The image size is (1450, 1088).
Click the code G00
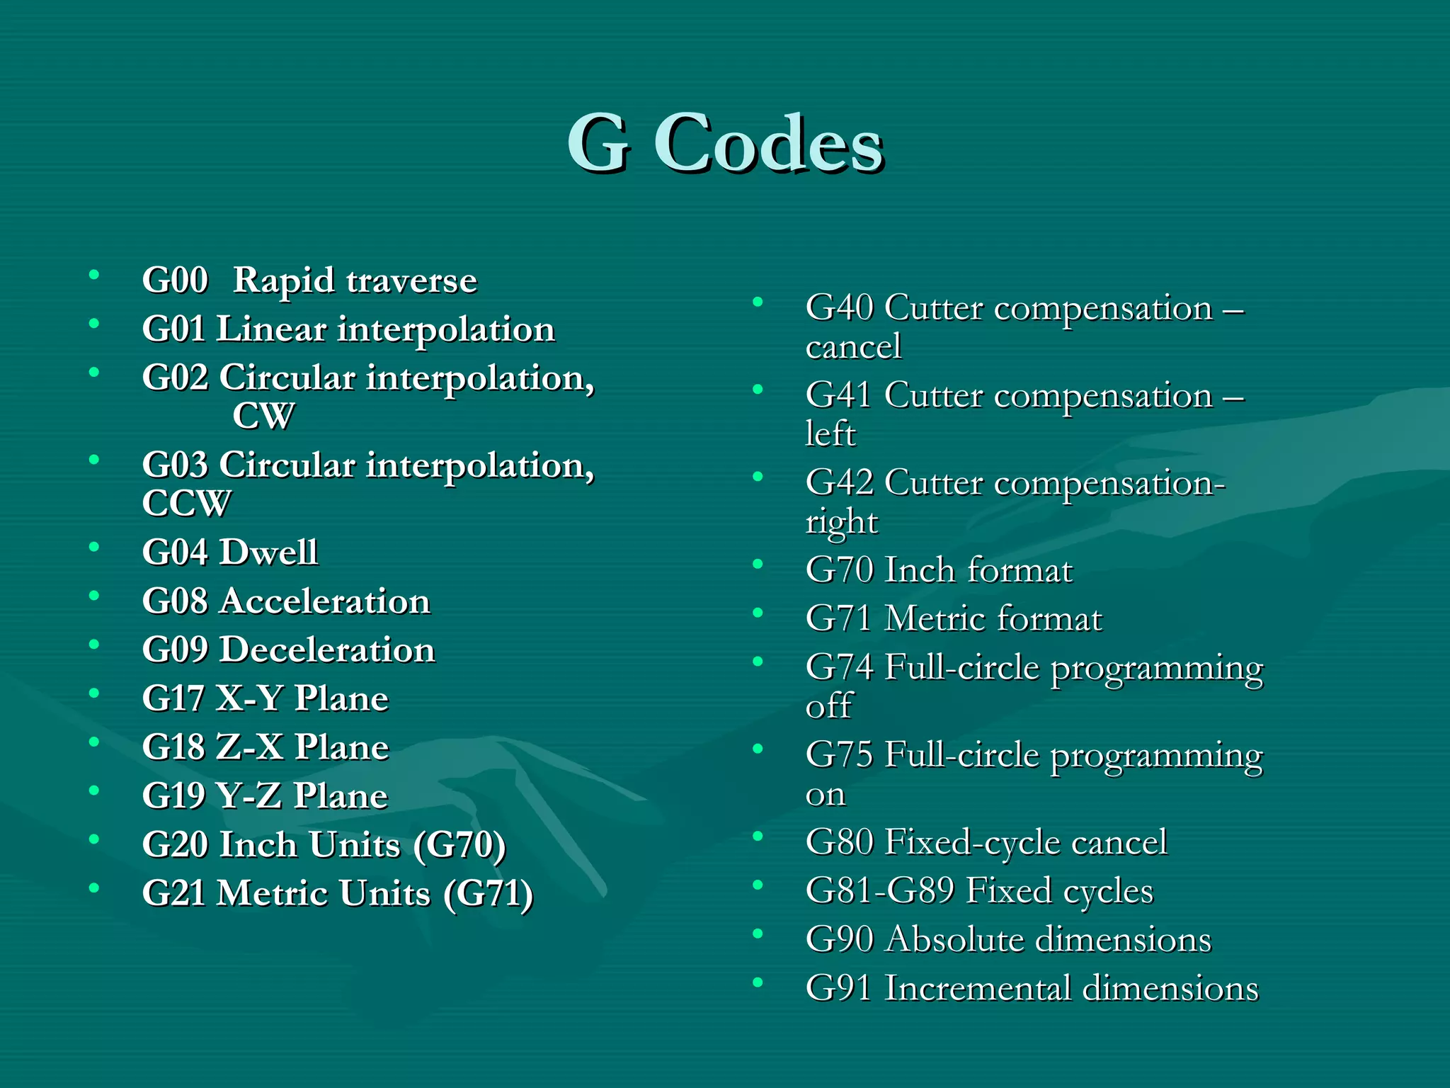tap(175, 280)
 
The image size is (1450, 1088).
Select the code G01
tap(174, 329)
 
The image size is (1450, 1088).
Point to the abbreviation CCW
tap(186, 504)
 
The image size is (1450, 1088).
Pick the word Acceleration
tap(324, 601)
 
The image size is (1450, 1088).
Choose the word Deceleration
tap(327, 650)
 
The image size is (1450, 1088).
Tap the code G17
tap(174, 698)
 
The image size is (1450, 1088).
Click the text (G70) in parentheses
tap(459, 845)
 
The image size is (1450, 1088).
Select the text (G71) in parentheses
tap(488, 893)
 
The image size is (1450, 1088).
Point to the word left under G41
tap(830, 434)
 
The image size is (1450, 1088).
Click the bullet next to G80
tap(758, 837)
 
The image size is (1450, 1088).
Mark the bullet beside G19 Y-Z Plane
tap(93, 790)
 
